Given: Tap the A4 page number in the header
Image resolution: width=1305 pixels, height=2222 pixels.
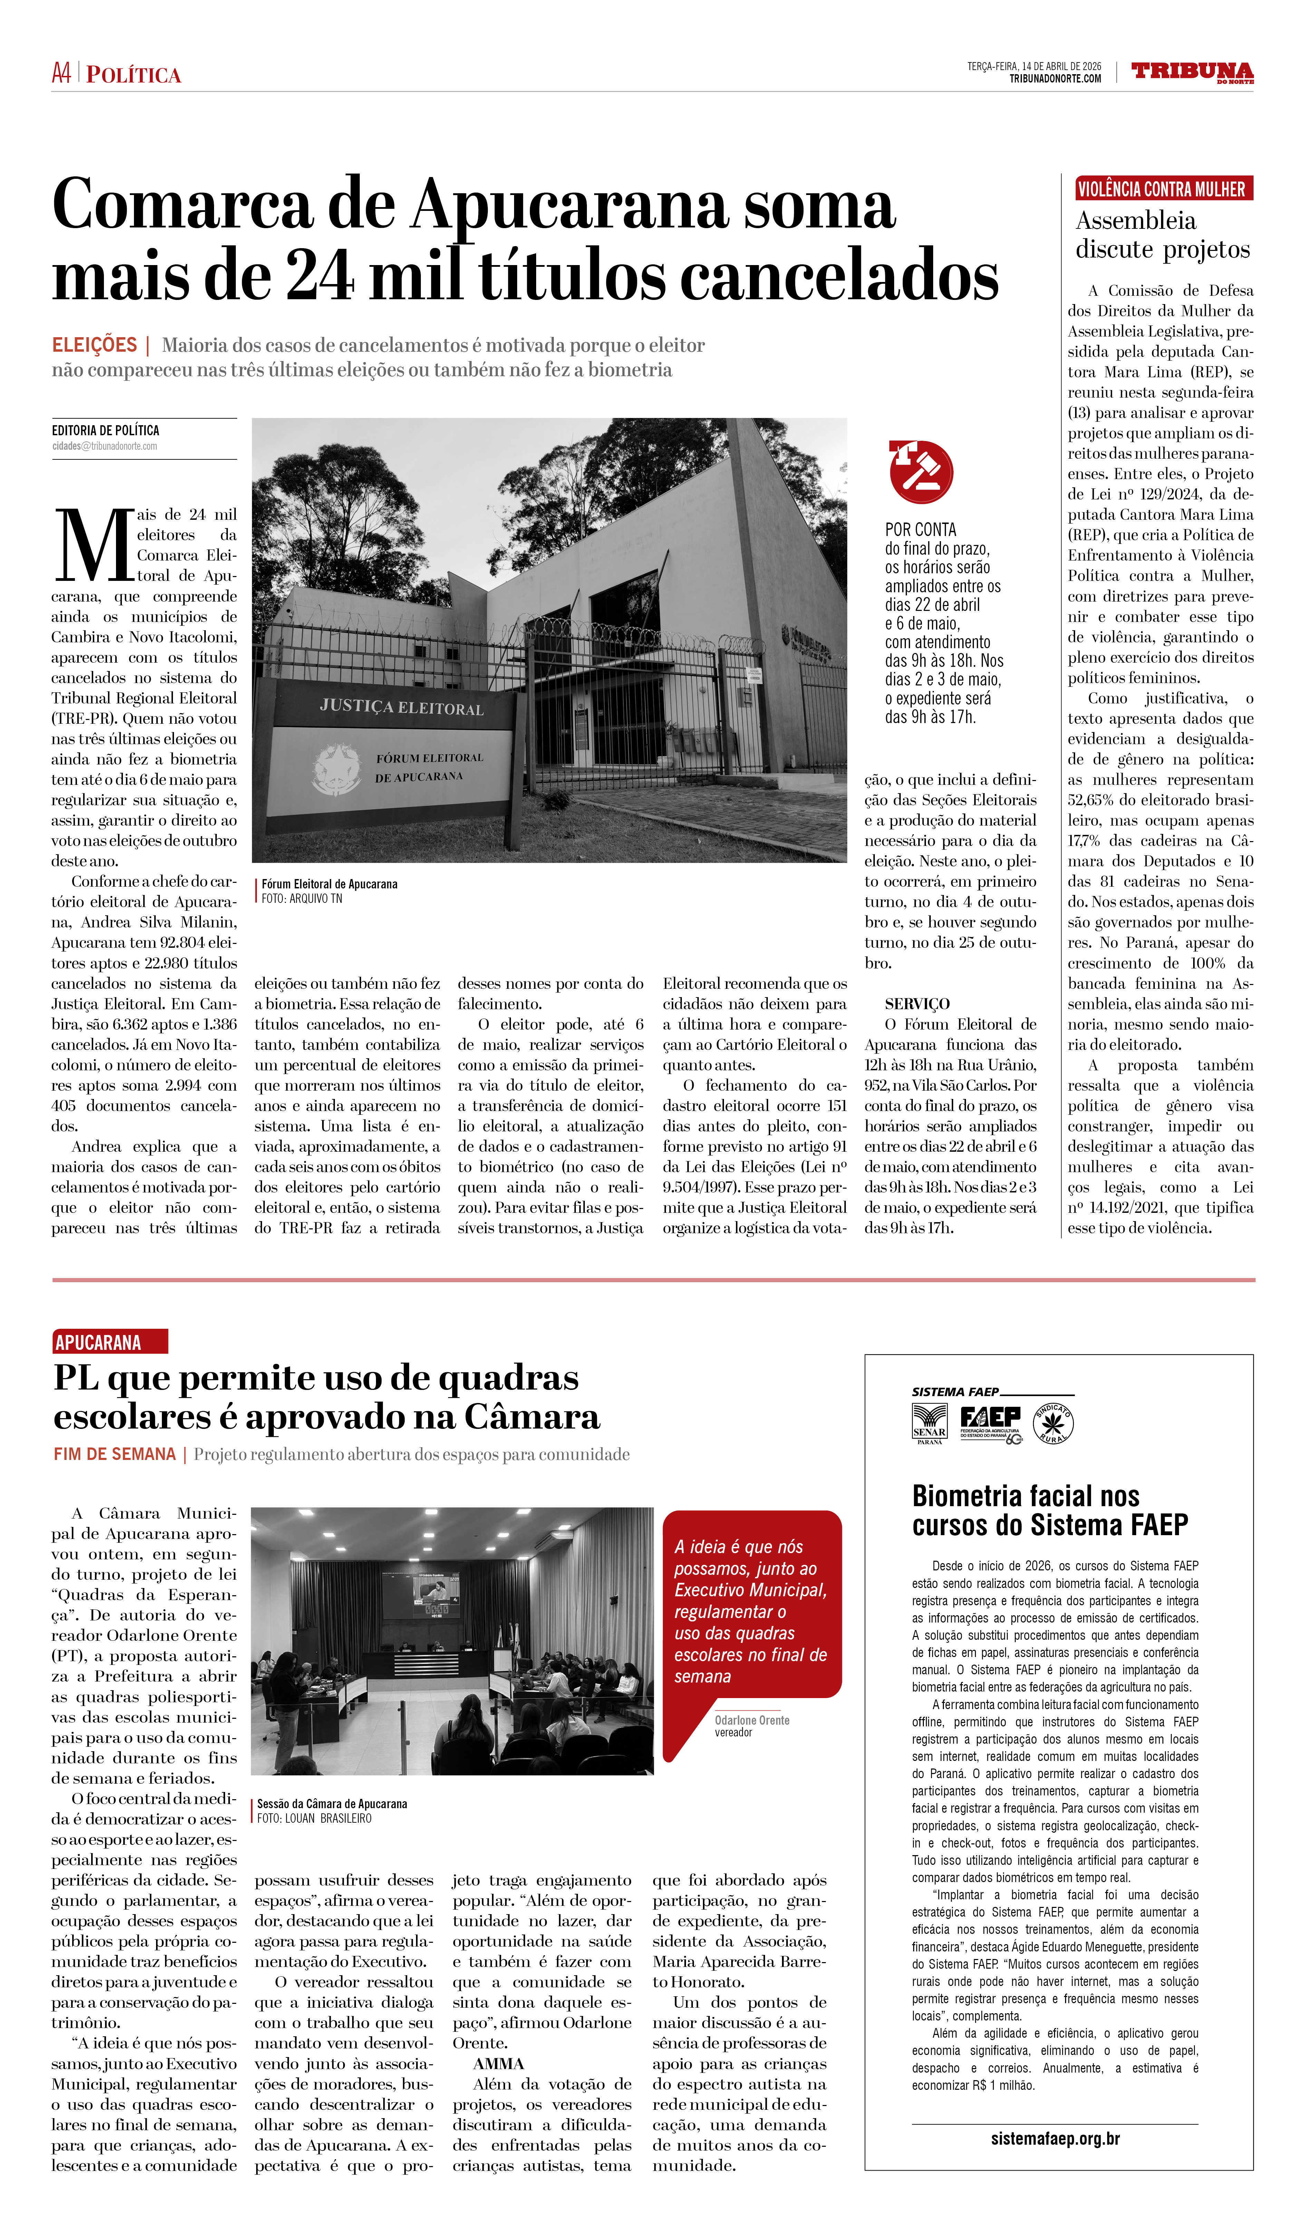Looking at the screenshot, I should [x=61, y=73].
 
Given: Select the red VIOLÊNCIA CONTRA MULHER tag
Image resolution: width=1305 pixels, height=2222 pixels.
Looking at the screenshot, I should [x=1160, y=189].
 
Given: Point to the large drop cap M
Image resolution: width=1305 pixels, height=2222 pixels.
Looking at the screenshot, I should [x=93, y=547].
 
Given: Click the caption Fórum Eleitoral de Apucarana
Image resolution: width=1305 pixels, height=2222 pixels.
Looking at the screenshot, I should [x=329, y=884].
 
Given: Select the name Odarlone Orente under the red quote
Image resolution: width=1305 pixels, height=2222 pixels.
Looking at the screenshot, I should [x=751, y=1720].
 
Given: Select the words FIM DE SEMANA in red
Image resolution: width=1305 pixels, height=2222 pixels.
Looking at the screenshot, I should [x=115, y=1454].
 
